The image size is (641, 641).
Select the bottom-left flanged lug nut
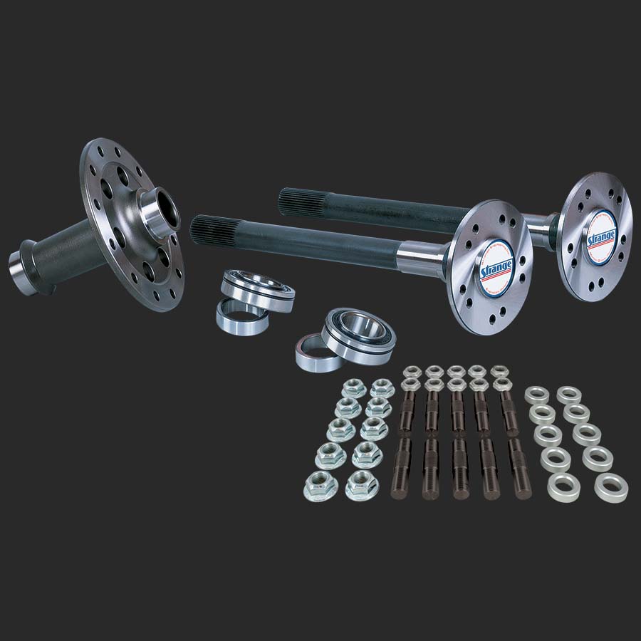pos(320,486)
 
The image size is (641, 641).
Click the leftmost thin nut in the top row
pos(411,372)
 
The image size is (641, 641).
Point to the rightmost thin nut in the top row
pos(501,372)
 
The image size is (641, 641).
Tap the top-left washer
pos(536,394)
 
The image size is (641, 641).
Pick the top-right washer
pos(570,394)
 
